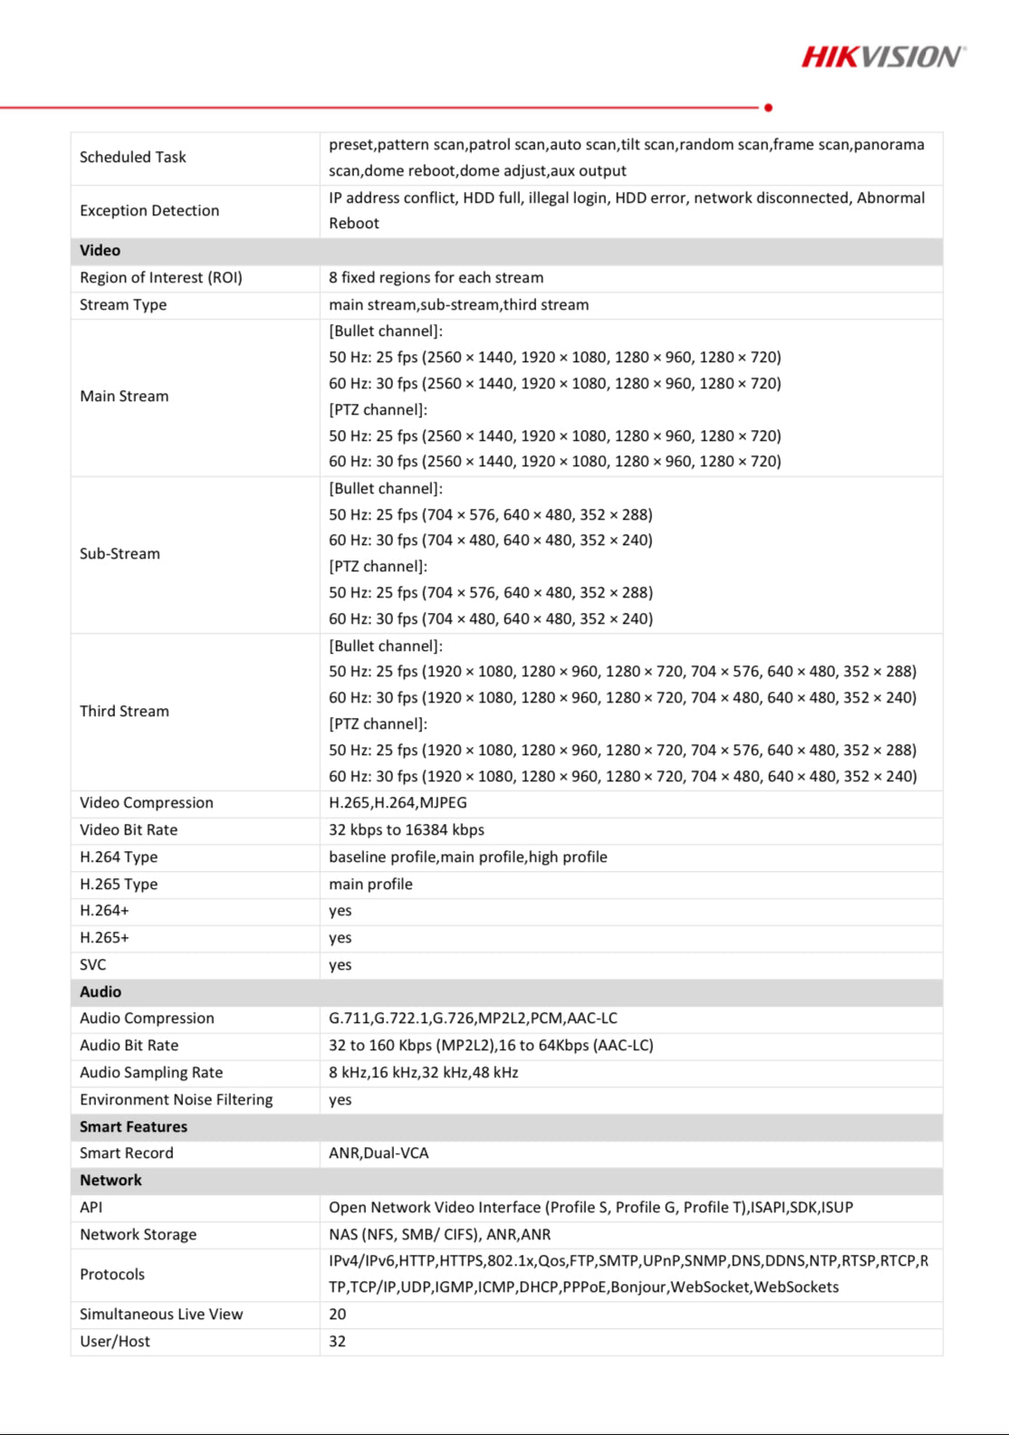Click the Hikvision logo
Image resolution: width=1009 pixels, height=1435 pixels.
click(x=883, y=57)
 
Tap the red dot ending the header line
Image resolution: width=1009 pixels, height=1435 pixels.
click(x=768, y=108)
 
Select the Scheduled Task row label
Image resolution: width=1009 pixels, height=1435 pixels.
click(x=133, y=158)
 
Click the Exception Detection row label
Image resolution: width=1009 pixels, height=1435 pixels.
click(x=149, y=211)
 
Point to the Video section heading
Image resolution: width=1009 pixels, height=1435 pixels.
click(x=100, y=251)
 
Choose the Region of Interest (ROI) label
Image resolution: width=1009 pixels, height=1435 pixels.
click(x=161, y=278)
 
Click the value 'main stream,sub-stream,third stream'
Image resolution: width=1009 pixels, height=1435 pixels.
click(x=458, y=305)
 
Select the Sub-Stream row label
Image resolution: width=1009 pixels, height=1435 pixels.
click(x=120, y=554)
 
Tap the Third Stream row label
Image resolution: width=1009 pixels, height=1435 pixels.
click(x=124, y=712)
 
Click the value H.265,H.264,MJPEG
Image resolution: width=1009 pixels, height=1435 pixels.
click(x=398, y=803)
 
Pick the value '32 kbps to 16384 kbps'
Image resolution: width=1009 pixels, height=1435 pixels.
click(x=407, y=830)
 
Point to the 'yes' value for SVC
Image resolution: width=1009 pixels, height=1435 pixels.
click(x=341, y=965)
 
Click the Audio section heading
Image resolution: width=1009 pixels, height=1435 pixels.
click(x=101, y=992)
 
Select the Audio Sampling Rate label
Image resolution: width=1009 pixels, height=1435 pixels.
click(x=151, y=1073)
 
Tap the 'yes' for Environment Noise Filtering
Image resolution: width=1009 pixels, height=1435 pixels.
click(x=341, y=1100)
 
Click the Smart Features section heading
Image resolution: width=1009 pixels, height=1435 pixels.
click(x=133, y=1127)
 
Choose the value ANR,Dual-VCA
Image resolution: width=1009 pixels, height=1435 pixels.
click(x=379, y=1153)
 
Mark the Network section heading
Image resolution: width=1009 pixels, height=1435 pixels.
click(x=111, y=1181)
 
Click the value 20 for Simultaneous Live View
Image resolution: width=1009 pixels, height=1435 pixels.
click(x=338, y=1315)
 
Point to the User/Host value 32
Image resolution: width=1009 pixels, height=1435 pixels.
click(x=338, y=1342)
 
